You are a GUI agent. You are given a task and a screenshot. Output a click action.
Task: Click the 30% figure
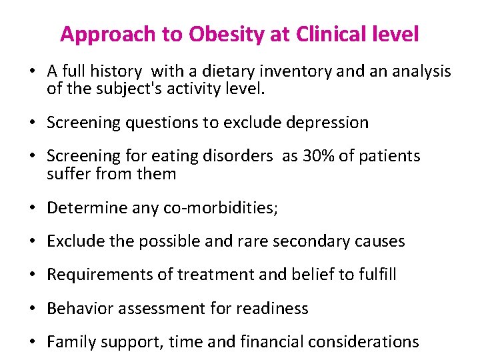click(317, 156)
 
